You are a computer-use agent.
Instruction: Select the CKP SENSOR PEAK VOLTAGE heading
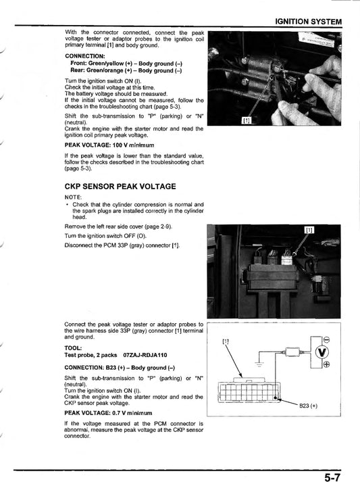click(120, 185)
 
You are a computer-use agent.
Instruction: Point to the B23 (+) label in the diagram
click(311, 406)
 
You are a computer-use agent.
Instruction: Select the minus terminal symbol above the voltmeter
click(327, 339)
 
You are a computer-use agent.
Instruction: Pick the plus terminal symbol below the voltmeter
click(327, 365)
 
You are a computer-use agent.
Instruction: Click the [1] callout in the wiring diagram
click(226, 341)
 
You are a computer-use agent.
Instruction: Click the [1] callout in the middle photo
click(309, 230)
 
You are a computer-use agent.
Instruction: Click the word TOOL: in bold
click(74, 347)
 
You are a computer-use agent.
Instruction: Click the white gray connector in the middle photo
click(287, 258)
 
